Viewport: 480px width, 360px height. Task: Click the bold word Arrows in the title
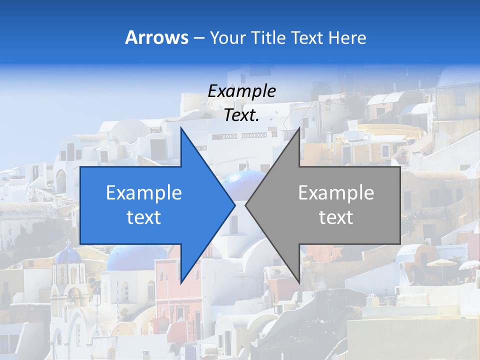point(156,37)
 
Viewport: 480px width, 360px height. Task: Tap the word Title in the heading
point(267,37)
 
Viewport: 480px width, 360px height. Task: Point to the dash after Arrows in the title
point(198,38)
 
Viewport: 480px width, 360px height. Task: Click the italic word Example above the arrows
point(241,91)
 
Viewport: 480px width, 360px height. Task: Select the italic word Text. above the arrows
point(241,115)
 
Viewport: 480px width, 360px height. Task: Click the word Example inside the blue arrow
point(143,192)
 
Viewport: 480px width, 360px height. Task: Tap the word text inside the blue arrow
point(143,217)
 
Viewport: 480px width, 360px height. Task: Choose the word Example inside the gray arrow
point(336,192)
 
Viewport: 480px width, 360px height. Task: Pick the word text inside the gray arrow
point(336,217)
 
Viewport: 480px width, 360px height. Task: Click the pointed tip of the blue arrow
point(235,205)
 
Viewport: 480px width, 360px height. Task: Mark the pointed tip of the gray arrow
point(245,205)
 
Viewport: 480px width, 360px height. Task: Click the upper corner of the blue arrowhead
point(181,127)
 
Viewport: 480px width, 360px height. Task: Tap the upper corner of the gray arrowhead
point(299,127)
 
